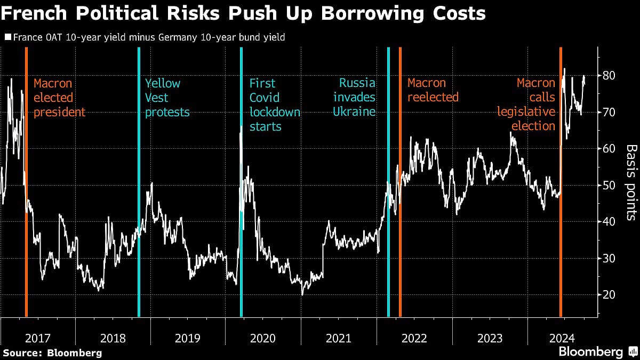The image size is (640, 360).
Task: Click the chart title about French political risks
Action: tap(243, 13)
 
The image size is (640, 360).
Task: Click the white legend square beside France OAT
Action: tap(7, 37)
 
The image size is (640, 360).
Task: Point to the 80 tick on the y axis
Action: tap(609, 76)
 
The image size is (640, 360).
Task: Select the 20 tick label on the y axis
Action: tap(609, 294)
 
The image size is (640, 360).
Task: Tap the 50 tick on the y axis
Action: tap(609, 185)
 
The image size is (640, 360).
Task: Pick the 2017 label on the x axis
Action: tap(37, 338)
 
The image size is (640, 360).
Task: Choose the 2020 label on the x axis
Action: tap(263, 338)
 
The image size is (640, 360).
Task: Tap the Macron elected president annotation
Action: tap(59, 98)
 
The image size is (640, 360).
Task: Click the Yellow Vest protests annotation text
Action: tap(167, 98)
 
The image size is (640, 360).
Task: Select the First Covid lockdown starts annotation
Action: tap(275, 105)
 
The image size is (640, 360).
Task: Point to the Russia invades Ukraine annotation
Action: tap(355, 98)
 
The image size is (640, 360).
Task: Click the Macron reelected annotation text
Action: tap(433, 90)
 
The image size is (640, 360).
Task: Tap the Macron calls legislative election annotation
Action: tap(526, 105)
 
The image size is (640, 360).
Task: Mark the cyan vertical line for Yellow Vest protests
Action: tap(139, 181)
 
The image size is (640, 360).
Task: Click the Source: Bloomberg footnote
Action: tap(52, 353)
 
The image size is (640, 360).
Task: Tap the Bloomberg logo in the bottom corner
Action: tap(597, 352)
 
